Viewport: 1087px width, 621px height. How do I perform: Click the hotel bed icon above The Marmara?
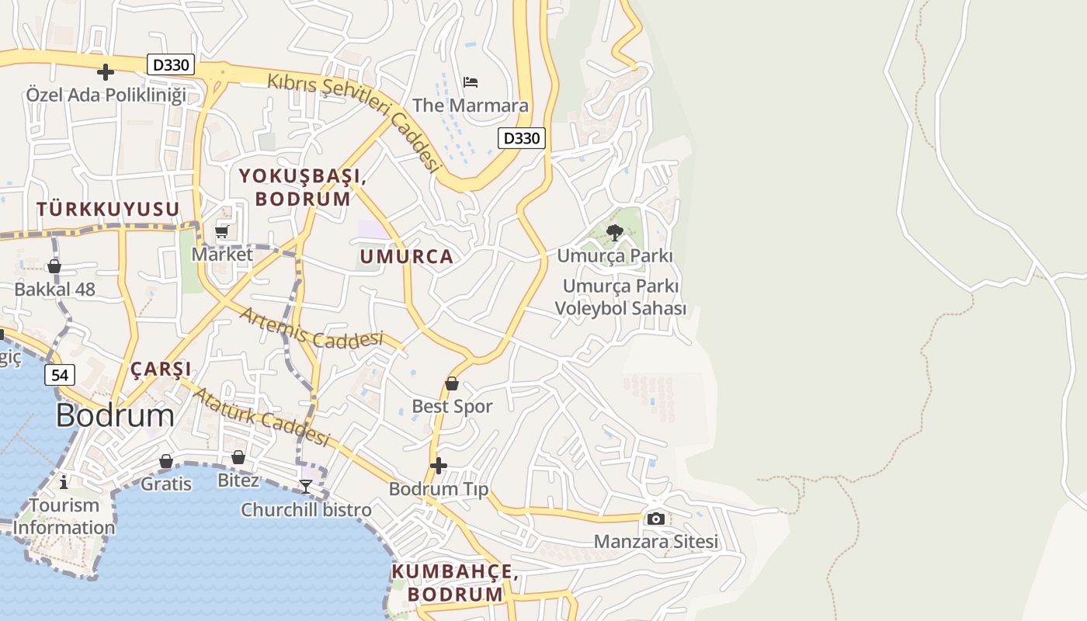click(470, 82)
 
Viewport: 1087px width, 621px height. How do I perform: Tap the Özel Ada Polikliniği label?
click(106, 95)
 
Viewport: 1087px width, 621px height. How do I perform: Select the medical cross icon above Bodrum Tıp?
click(439, 466)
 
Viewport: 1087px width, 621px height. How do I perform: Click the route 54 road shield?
click(60, 375)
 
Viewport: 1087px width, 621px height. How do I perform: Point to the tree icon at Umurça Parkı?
click(615, 232)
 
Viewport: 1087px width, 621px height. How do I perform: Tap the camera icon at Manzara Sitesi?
click(656, 519)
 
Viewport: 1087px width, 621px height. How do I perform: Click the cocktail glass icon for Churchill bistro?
click(306, 487)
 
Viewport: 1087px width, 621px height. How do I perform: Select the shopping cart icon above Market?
click(222, 232)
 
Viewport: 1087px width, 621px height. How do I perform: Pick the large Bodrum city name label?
click(115, 416)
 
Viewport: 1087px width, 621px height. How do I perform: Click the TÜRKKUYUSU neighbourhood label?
click(108, 209)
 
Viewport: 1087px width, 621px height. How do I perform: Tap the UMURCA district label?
click(406, 257)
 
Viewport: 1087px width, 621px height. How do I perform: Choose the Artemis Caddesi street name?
click(311, 328)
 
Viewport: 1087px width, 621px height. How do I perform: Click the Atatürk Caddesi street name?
click(260, 416)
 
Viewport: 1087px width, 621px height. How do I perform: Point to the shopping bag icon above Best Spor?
click(452, 383)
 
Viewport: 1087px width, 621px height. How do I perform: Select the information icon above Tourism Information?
click(64, 482)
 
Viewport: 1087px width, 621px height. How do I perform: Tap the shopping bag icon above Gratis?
click(166, 461)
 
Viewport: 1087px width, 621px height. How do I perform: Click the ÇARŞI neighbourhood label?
click(161, 369)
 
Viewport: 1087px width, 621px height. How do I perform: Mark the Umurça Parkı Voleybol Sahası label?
click(620, 297)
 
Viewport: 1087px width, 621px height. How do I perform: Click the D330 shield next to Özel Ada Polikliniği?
click(171, 65)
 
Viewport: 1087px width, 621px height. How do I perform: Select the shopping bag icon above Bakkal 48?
click(54, 266)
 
